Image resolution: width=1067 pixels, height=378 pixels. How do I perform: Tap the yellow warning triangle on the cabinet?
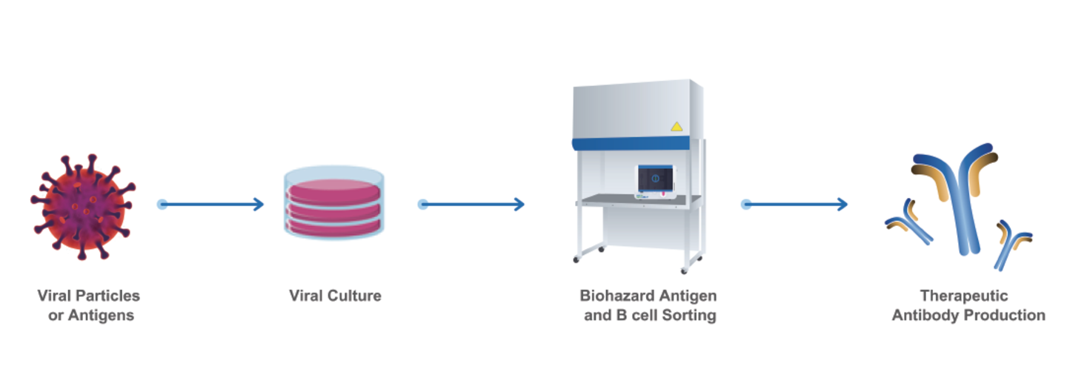coord(676,127)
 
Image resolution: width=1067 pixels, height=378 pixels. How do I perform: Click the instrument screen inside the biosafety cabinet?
coord(655,180)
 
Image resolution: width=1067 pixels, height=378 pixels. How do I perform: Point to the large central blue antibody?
coord(957,200)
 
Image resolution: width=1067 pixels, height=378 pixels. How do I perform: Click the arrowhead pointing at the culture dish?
coord(259,204)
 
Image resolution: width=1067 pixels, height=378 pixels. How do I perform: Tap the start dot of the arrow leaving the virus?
coord(162,204)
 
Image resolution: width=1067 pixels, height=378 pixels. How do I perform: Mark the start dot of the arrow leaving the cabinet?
coord(746,204)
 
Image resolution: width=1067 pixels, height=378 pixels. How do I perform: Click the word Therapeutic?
coord(964,296)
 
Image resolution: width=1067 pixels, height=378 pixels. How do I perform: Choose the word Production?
coord(1005,315)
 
